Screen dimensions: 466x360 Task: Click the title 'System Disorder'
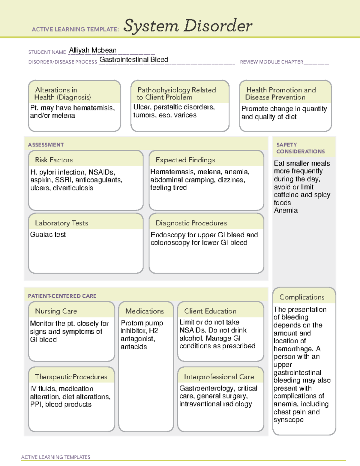pos(188,26)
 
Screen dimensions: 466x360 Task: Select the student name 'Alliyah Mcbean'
pos(93,50)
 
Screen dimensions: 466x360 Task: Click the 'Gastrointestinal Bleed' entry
pos(134,60)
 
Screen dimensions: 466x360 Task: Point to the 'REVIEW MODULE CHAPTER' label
pos(271,62)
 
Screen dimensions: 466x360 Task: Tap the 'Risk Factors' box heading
pos(54,160)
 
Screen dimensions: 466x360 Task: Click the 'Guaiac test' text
pos(48,235)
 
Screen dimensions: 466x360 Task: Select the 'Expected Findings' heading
pos(185,160)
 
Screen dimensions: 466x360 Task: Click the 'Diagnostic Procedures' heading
pos(191,223)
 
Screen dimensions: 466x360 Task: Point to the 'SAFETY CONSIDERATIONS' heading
pos(300,148)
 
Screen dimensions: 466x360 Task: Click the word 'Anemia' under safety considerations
pos(286,210)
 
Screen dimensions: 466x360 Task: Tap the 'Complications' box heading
pos(302,297)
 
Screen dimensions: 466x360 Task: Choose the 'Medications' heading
pos(145,311)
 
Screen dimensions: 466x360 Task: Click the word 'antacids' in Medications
pos(134,347)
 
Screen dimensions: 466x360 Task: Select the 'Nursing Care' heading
pos(56,311)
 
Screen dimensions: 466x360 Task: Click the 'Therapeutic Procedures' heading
pos(71,377)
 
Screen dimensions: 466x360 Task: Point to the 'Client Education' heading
pos(210,311)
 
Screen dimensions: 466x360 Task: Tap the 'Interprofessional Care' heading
pos(219,377)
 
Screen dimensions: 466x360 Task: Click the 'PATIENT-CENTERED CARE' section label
pos(62,296)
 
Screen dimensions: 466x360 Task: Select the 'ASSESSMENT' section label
pos(46,145)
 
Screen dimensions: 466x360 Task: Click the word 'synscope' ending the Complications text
pos(288,420)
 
